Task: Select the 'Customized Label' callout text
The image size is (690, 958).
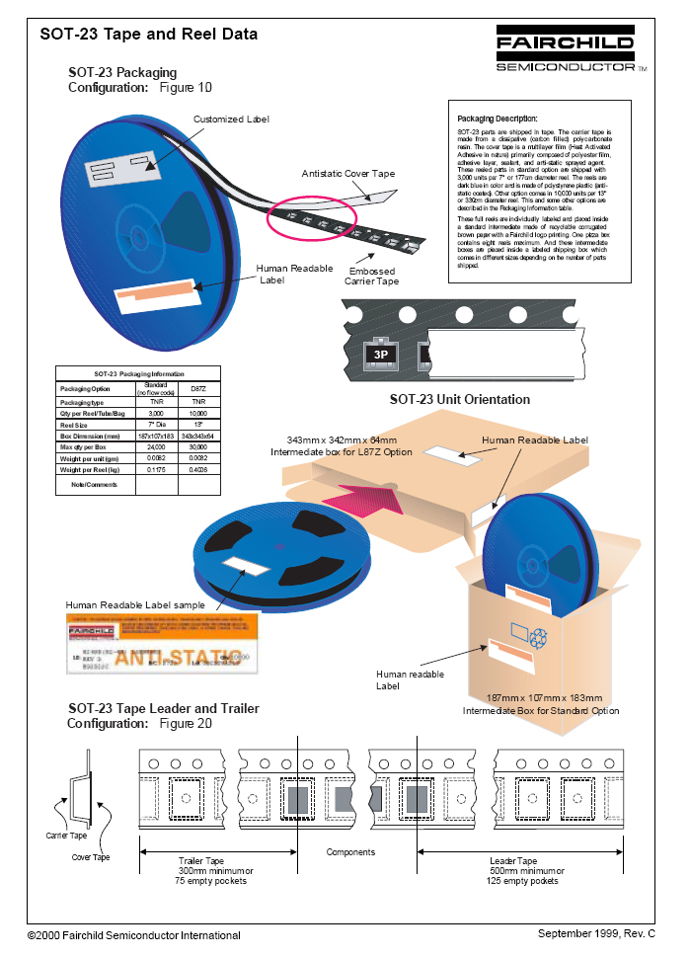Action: coord(231,120)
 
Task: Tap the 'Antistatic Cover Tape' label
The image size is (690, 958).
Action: coord(347,174)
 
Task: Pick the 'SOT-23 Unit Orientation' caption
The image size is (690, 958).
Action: coord(459,400)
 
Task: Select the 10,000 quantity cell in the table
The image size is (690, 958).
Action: coord(198,414)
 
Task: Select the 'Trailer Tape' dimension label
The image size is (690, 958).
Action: coord(200,861)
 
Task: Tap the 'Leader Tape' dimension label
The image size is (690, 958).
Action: coord(513,861)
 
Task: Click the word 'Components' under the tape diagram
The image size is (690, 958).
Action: coord(350,851)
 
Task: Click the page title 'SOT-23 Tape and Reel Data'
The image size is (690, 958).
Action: coord(149,35)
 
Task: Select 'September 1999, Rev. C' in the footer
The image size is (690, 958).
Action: coord(596,932)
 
